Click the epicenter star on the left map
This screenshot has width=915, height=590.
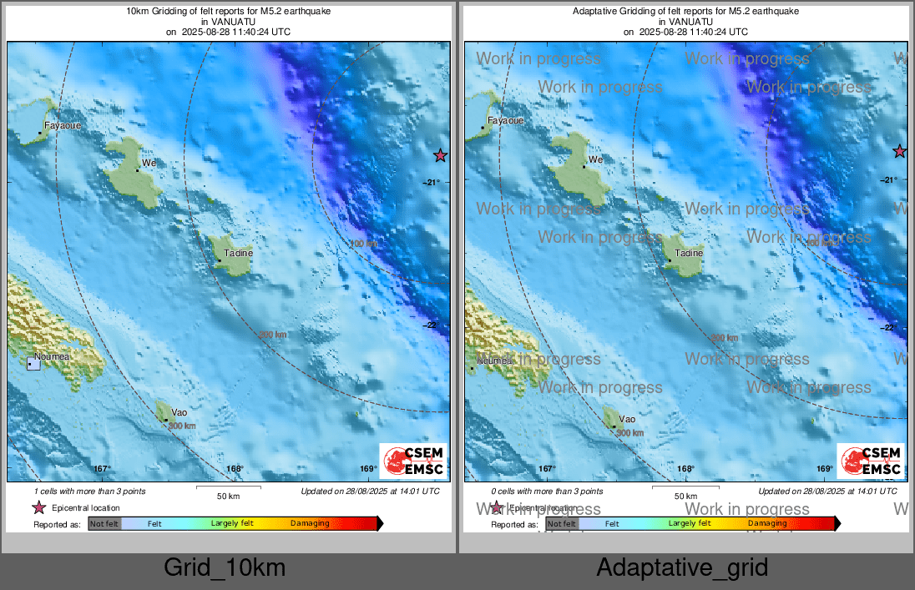441,155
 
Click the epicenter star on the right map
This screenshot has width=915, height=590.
899,151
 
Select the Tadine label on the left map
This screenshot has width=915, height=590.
237,252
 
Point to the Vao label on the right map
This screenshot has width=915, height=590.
627,419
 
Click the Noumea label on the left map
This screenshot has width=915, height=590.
52,356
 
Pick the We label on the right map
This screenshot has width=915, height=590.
595,159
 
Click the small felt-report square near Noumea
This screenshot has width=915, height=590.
33,363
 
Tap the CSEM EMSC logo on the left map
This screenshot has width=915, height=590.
413,461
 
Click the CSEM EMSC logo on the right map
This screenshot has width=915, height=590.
871,461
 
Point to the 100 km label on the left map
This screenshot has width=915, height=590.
362,244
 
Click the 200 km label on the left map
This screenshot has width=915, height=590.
272,335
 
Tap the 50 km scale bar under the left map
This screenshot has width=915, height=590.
228,487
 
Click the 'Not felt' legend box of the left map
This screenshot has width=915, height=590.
104,523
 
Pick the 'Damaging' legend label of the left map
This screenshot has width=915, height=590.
310,523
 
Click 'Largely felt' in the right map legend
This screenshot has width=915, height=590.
690,523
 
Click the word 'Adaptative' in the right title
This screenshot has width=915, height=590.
594,12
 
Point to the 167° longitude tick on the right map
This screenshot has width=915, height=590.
547,469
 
